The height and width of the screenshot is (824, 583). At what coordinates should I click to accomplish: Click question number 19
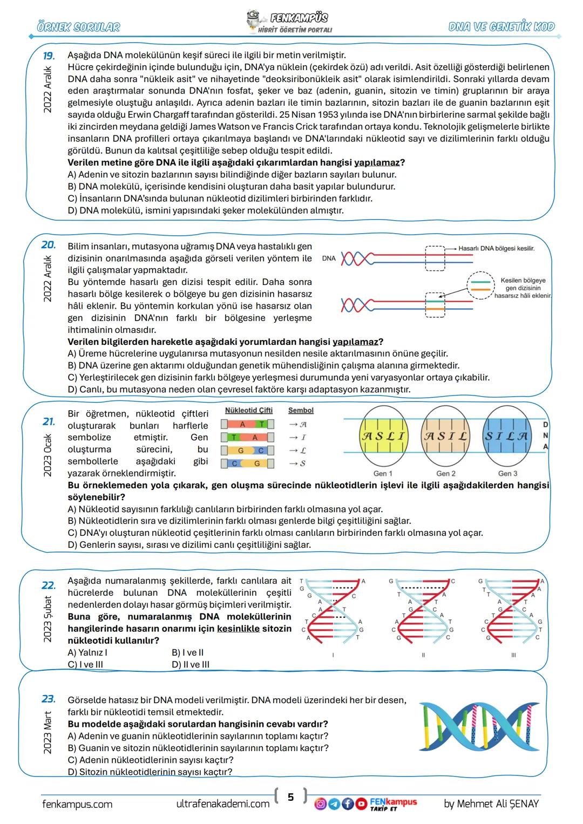(x=49, y=56)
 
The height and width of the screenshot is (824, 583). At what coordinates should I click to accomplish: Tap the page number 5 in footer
(x=290, y=796)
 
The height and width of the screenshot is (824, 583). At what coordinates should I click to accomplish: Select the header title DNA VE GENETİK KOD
(x=501, y=26)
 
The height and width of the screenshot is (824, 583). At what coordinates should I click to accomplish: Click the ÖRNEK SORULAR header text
(x=79, y=26)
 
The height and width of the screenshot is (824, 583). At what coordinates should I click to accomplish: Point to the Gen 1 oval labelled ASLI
(x=383, y=435)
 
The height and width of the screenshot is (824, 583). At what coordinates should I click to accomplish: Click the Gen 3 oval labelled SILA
(x=507, y=435)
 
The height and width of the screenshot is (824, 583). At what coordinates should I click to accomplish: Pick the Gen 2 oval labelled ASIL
(x=445, y=435)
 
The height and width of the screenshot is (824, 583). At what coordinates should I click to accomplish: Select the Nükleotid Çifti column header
(x=248, y=410)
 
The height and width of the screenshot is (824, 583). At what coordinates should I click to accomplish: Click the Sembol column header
(x=301, y=410)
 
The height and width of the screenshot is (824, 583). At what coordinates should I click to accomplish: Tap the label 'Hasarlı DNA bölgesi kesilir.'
(x=496, y=248)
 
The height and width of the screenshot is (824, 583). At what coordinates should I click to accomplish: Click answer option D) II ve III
(x=191, y=664)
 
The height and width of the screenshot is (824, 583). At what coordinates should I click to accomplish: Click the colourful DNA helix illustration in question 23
(x=479, y=726)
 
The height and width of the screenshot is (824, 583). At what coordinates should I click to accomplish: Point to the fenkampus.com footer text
(x=77, y=804)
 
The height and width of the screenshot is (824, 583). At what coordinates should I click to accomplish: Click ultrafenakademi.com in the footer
(x=223, y=804)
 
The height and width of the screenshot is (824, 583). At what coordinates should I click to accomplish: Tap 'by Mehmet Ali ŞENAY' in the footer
(x=491, y=804)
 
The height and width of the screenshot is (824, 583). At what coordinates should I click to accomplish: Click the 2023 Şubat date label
(x=48, y=619)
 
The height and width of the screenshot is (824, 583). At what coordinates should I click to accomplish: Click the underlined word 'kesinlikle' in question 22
(x=238, y=629)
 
